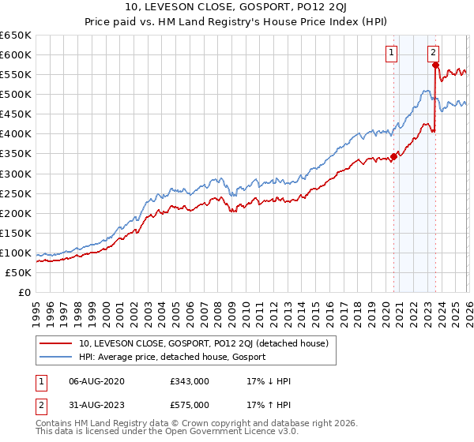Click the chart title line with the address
(237, 9)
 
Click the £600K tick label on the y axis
(16, 54)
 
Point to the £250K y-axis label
(16, 193)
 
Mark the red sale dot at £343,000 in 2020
(393, 156)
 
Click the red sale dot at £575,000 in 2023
(435, 65)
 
